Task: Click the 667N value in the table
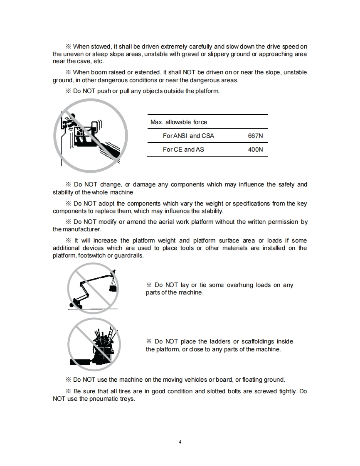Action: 255,136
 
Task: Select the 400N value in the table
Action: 255,150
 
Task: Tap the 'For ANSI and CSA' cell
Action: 188,136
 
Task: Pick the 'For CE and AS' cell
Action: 183,150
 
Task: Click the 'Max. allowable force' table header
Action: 178,122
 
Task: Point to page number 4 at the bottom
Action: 180,441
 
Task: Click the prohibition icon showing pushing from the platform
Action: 90,135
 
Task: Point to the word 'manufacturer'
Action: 81,229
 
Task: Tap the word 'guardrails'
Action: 128,255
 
